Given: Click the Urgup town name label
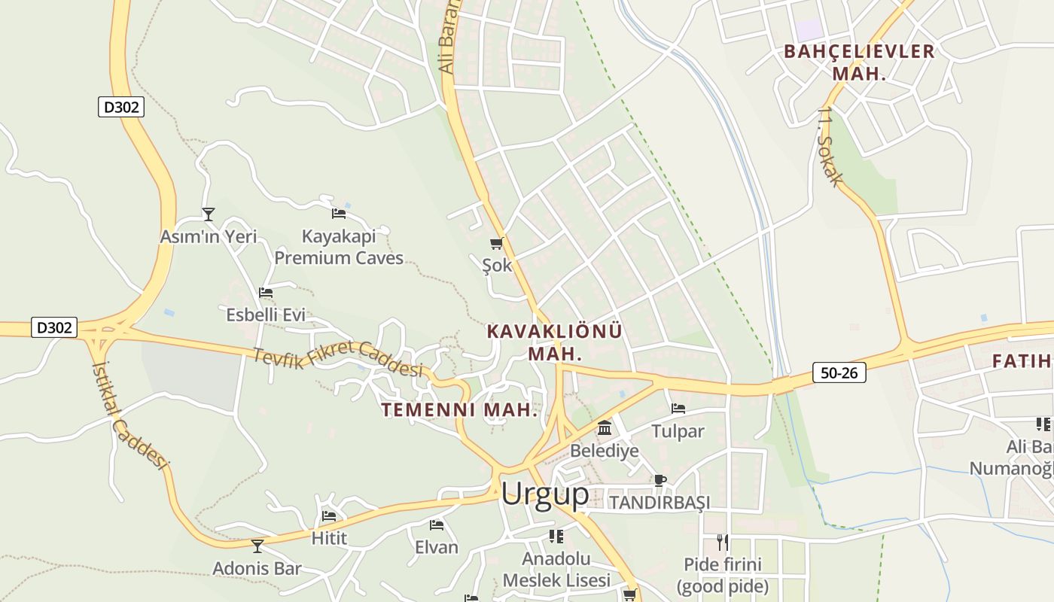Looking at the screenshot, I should tap(545, 494).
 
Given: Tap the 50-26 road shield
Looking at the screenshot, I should tap(839, 372).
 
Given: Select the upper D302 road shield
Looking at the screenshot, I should tap(120, 107).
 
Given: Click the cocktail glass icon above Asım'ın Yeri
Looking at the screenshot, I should tap(209, 214).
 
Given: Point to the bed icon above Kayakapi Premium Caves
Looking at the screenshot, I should tap(339, 214).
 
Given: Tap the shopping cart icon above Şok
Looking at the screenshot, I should tap(496, 243).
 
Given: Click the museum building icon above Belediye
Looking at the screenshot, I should tap(604, 428).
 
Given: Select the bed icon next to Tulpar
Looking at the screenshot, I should tap(678, 409).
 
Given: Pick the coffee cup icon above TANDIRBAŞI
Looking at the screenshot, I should tap(660, 480).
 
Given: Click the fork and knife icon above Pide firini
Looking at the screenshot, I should tap(722, 542).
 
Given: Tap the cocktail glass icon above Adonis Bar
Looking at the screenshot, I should tap(257, 546).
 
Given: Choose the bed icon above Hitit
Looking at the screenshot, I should tap(329, 516).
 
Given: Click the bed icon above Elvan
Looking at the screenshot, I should tap(436, 524).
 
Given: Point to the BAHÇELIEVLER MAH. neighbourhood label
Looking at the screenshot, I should tap(859, 62).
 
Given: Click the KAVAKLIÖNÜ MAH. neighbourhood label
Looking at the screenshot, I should tap(555, 342).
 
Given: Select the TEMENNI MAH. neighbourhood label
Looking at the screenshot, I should tap(459, 410).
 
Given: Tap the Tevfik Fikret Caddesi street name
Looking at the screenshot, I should tap(338, 360).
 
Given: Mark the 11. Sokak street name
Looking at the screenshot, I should tap(830, 147).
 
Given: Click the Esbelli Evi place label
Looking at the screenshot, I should tap(266, 315).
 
